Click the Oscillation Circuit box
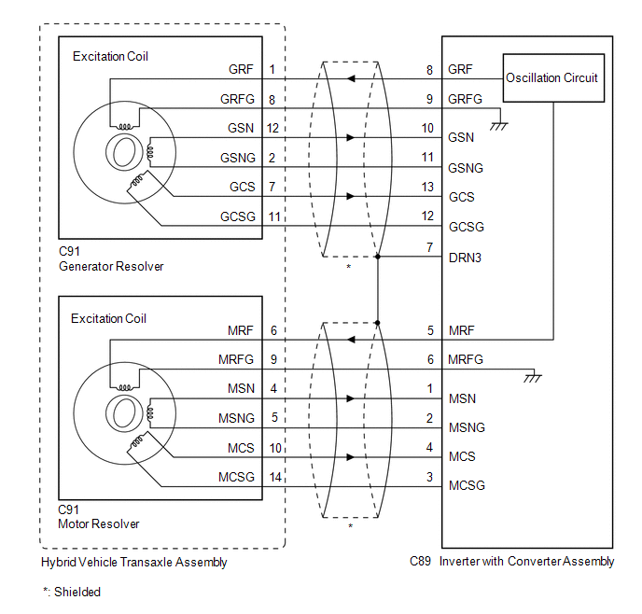click(x=551, y=77)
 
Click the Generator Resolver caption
click(x=110, y=267)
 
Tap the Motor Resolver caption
click(x=99, y=524)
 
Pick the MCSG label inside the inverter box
click(x=467, y=486)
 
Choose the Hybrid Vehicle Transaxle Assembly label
click(x=134, y=563)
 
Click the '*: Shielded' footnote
click(x=72, y=592)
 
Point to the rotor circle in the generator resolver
click(x=121, y=153)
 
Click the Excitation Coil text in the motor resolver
click(x=109, y=318)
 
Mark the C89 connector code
click(x=420, y=562)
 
